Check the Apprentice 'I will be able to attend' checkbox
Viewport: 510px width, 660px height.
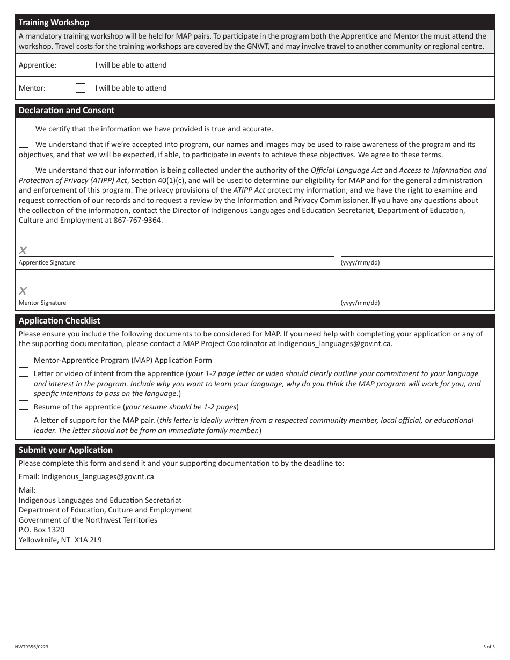[x=81, y=64]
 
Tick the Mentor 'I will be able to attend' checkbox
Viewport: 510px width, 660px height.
[x=81, y=87]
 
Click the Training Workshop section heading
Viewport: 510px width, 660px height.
[x=54, y=23]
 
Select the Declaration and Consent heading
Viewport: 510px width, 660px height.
[x=67, y=111]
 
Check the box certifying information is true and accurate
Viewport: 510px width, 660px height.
[x=24, y=127]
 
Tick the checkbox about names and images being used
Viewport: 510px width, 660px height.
[x=24, y=143]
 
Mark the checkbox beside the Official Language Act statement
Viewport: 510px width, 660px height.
[x=24, y=168]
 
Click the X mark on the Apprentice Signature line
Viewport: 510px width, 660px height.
[x=23, y=251]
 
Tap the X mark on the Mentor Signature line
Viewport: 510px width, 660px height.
[x=23, y=291]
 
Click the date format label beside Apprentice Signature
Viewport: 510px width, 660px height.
[x=360, y=263]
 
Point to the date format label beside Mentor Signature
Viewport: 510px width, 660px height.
[x=360, y=303]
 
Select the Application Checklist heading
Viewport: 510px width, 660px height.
[x=60, y=321]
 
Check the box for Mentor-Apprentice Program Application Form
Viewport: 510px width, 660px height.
[x=24, y=358]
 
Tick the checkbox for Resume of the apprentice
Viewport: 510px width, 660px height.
[x=24, y=405]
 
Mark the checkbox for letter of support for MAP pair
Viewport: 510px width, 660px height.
[x=24, y=419]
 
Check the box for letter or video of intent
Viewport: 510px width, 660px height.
[x=24, y=372]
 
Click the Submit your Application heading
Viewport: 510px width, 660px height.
[x=65, y=450]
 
